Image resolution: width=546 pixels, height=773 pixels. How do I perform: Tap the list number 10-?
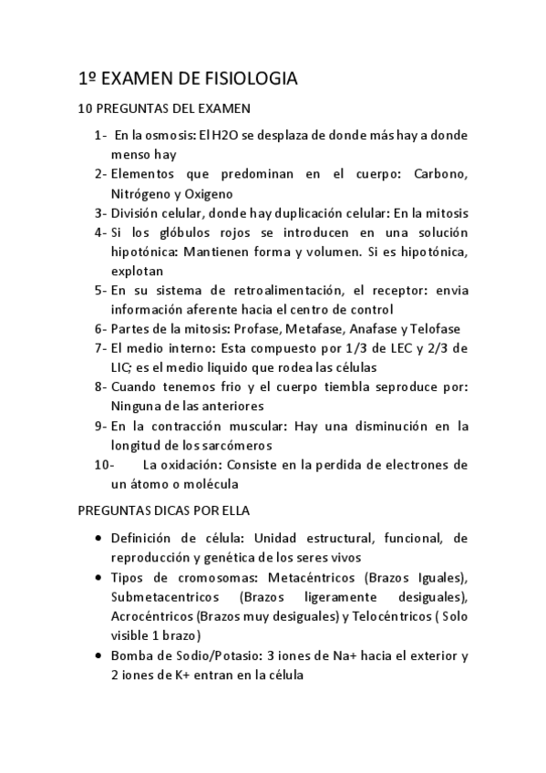coord(103,464)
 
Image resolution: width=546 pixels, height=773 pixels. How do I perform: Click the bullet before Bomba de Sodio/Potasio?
coord(98,655)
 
